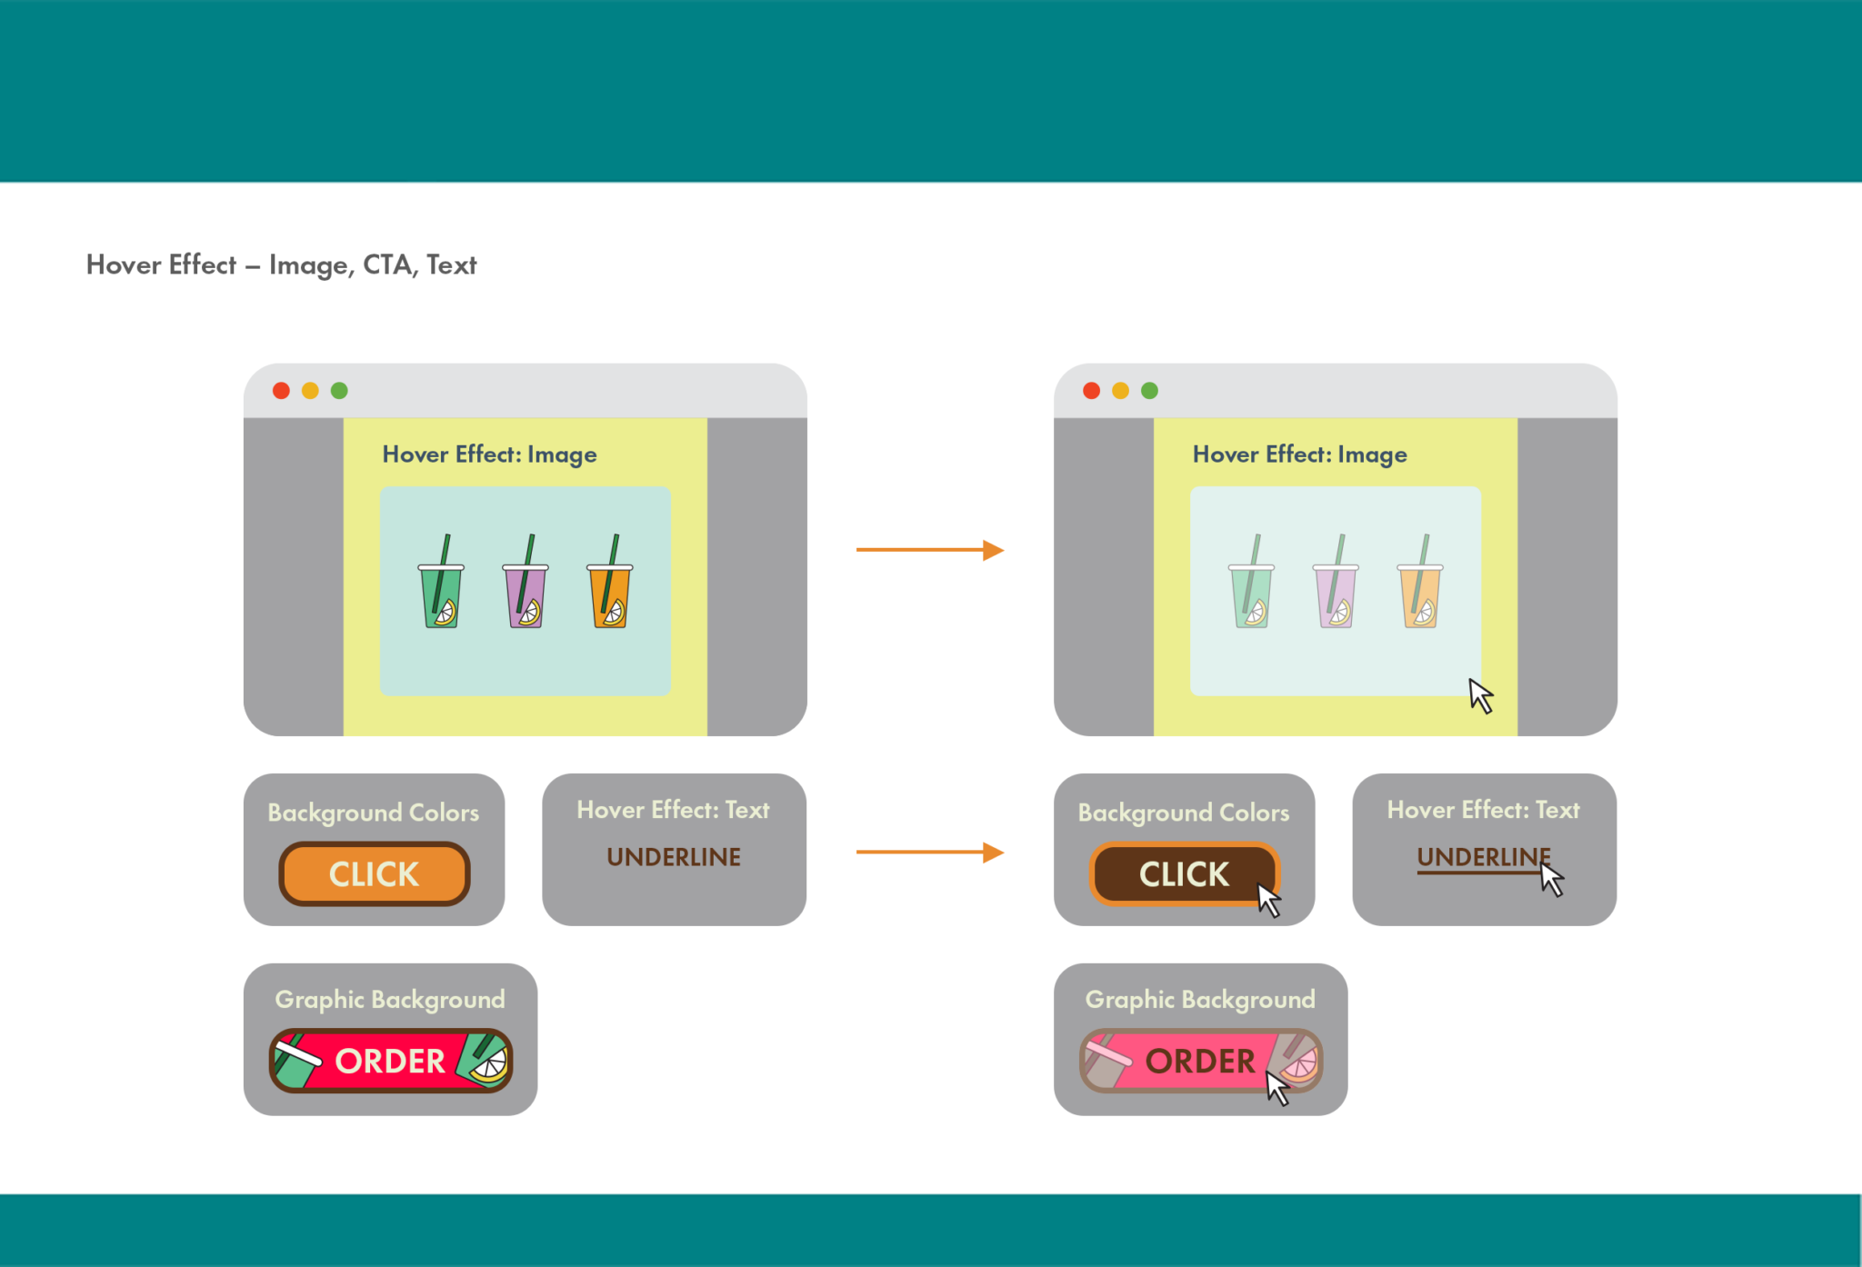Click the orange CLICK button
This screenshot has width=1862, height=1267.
[374, 873]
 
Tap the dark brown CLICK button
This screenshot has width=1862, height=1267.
[1183, 873]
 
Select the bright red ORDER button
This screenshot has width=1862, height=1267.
[390, 1061]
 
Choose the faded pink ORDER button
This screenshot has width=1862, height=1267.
[1199, 1061]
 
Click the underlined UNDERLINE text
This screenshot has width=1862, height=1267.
[1483, 857]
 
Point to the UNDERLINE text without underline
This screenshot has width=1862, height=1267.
[674, 857]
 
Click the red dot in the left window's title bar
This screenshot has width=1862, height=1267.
[281, 391]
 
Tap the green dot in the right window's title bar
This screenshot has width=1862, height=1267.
[1149, 391]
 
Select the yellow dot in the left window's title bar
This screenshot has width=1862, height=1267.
[310, 391]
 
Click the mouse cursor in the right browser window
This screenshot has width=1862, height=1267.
[1481, 695]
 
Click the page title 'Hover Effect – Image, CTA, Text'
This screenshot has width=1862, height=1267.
[281, 264]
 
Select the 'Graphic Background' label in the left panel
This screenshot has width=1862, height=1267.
[390, 999]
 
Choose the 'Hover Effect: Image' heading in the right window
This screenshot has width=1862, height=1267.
[1299, 454]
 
